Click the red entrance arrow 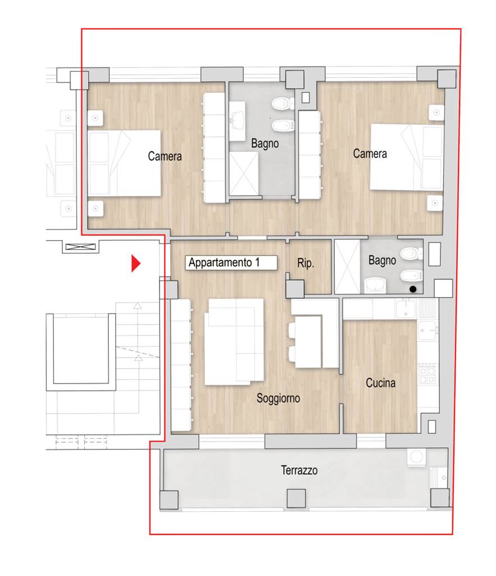tap(135, 263)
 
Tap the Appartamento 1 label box tap(231, 263)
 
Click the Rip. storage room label tap(305, 263)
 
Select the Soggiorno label tap(278, 398)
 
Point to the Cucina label tap(380, 383)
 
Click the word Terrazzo tap(299, 470)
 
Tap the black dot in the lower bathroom tap(413, 290)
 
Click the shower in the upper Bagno tap(244, 174)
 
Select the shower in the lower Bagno tap(347, 267)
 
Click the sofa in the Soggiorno tap(234, 341)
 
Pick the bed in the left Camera tap(124, 163)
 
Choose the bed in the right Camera tap(407, 157)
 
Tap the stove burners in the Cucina tap(427, 374)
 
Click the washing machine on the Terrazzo tap(416, 457)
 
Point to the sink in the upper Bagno tap(237, 121)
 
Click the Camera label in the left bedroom tap(165, 156)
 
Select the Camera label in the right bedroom tap(370, 154)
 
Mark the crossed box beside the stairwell tap(80, 247)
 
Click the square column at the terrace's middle tap(296, 498)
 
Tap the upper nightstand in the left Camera tap(95, 118)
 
